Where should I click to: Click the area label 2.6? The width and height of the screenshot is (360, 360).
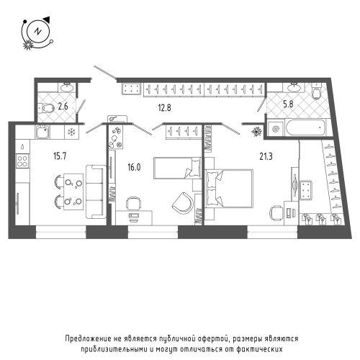click(63, 106)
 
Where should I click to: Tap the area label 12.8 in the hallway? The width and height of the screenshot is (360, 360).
click(164, 108)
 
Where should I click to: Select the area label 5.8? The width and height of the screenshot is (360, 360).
click(288, 104)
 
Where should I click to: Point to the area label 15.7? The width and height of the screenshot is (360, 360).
click(60, 156)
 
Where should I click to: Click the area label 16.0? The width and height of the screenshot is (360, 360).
click(134, 167)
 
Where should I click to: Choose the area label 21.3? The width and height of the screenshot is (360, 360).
click(266, 156)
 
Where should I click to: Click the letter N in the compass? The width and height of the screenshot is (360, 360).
click(37, 31)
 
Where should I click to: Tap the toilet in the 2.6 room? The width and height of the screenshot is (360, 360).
click(46, 107)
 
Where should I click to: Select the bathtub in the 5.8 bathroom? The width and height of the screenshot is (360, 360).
click(305, 128)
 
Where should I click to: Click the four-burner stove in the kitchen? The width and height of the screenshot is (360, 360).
click(22, 161)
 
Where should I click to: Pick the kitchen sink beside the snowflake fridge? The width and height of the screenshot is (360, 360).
click(43, 132)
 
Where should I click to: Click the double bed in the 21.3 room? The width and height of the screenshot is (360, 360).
click(229, 189)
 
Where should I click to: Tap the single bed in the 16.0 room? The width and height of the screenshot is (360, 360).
click(177, 168)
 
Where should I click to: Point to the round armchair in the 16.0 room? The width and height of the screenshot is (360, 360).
click(183, 203)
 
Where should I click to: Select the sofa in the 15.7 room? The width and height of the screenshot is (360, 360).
click(96, 192)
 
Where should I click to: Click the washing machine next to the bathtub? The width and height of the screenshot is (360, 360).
click(275, 129)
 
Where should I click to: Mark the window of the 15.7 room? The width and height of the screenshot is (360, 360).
click(61, 232)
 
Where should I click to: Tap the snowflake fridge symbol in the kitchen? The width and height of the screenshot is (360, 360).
click(71, 132)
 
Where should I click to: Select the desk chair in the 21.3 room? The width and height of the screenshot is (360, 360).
click(276, 213)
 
